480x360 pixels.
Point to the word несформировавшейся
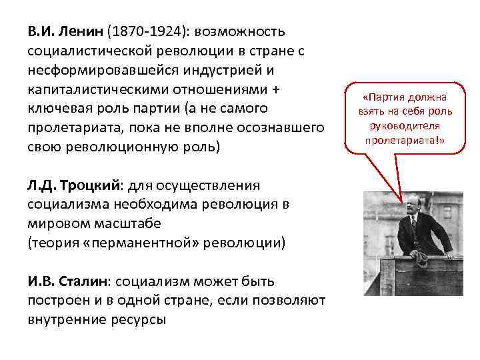pos(97,70)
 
